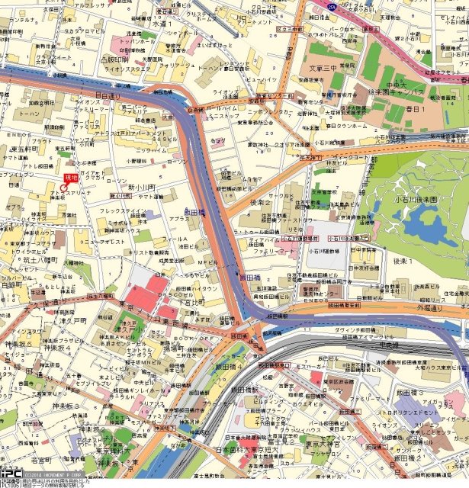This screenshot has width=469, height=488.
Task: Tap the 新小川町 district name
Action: tap(141, 187)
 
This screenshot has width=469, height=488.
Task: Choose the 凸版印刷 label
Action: tap(114, 58)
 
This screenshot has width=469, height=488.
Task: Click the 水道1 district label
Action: tap(162, 24)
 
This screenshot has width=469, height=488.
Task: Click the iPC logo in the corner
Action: tap(11, 474)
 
